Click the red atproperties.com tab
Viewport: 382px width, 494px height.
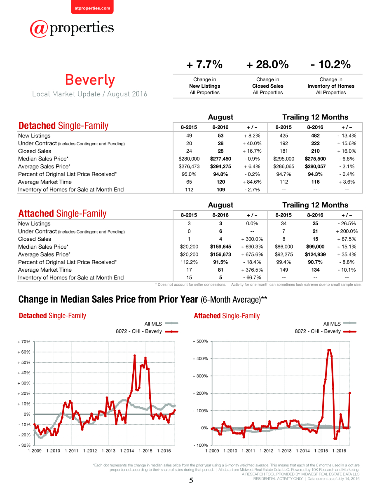(x=92, y=7)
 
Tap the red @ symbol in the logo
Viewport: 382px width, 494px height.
(x=39, y=29)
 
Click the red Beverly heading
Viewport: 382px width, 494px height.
(x=90, y=80)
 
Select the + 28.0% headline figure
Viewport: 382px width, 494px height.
(x=267, y=64)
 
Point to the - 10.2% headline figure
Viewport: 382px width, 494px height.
(x=330, y=64)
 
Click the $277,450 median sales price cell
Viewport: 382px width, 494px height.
(x=220, y=158)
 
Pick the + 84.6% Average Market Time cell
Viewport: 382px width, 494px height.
(x=252, y=182)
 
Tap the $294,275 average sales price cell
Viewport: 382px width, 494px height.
(x=220, y=166)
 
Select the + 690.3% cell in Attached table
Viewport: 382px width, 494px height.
(x=252, y=247)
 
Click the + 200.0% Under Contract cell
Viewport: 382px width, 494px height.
(x=347, y=231)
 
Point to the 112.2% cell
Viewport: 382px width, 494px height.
(x=189, y=262)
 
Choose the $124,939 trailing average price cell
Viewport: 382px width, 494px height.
(x=315, y=254)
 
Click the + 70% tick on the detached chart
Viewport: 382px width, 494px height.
(x=24, y=342)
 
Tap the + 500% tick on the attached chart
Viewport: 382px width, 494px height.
(x=200, y=341)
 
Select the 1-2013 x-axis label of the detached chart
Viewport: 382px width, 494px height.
(x=108, y=451)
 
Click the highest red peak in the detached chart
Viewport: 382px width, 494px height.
(x=134, y=355)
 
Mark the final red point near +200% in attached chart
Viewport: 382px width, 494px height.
(x=349, y=393)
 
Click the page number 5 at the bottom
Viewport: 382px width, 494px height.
(x=191, y=480)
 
